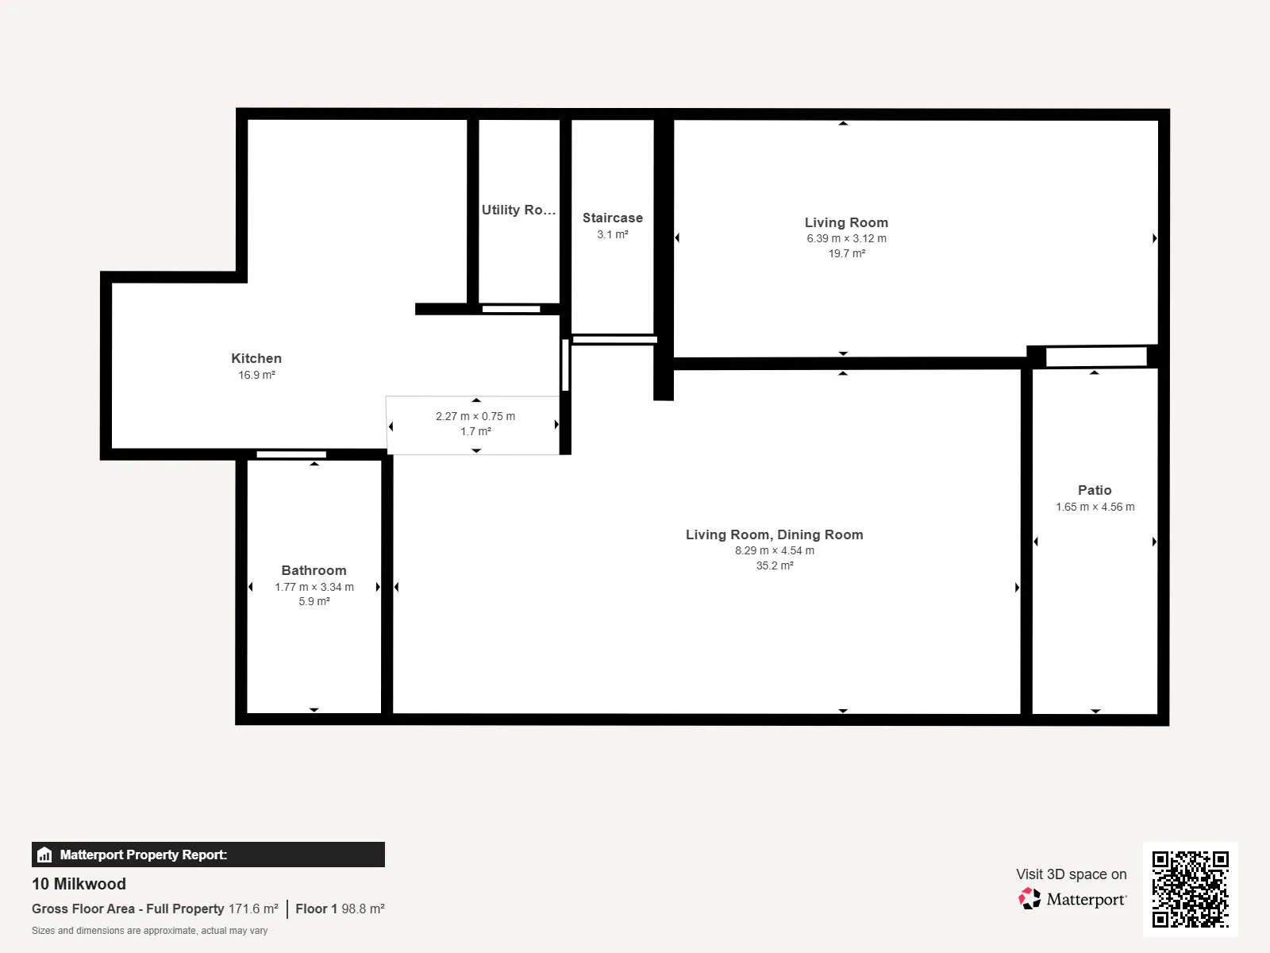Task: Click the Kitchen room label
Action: point(256,359)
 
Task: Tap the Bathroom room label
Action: point(314,570)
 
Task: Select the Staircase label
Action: point(612,218)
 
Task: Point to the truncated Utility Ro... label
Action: point(518,210)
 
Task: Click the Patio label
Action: point(1095,491)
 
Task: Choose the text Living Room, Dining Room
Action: point(774,534)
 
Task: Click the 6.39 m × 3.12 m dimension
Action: point(846,238)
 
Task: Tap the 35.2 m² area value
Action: point(775,565)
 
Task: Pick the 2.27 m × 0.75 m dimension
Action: point(475,417)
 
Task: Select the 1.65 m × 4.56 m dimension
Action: point(1095,507)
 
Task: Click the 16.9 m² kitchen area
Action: point(256,375)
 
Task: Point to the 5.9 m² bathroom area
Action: point(314,601)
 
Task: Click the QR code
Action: point(1190,889)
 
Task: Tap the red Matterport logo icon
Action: point(1029,899)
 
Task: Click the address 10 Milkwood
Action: point(79,884)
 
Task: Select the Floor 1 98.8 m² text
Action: point(341,909)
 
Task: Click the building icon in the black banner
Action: point(44,855)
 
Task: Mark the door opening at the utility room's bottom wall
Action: point(511,309)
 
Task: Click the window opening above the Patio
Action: point(1096,357)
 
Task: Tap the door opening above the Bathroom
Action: point(291,455)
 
